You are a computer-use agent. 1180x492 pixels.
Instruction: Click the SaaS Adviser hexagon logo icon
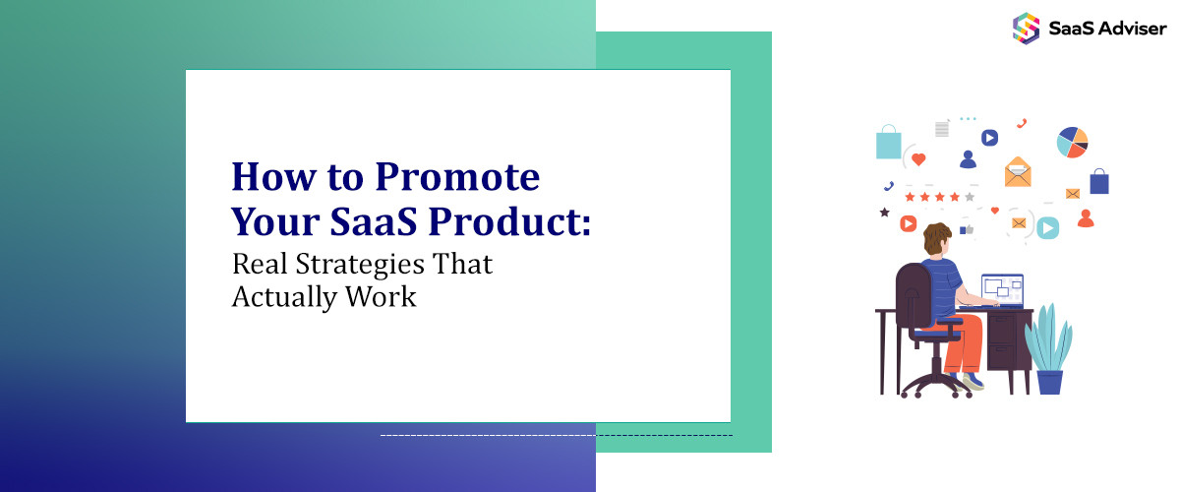(x=1027, y=28)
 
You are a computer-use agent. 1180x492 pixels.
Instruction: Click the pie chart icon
(x=1072, y=143)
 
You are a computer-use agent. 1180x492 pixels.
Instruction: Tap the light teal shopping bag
(x=889, y=143)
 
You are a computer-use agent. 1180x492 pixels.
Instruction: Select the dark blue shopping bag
(x=1099, y=182)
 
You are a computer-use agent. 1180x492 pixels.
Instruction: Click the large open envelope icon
(x=1018, y=173)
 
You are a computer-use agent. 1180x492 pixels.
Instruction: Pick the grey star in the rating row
(x=970, y=197)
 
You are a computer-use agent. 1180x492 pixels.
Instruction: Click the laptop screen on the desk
(x=1002, y=289)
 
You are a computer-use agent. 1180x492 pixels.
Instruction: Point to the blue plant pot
(x=1049, y=381)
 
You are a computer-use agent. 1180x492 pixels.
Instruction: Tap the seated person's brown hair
(x=937, y=239)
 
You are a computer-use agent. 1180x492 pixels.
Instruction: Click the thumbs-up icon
(x=966, y=229)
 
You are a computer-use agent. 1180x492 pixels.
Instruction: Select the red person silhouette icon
(x=1086, y=218)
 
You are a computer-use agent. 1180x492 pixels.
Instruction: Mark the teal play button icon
(x=1048, y=228)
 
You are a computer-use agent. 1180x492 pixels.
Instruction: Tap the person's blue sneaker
(x=973, y=381)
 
